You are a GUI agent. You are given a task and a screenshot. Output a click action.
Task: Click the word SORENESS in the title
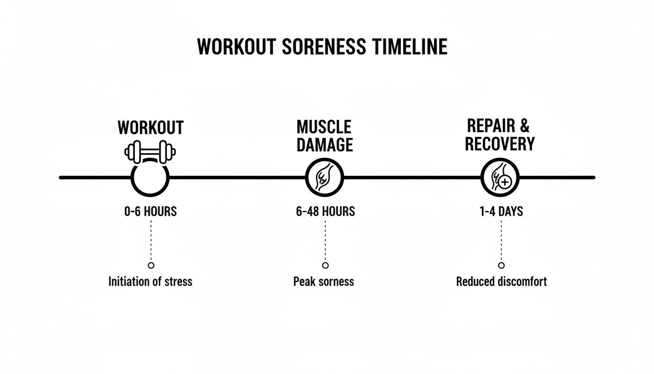point(324,47)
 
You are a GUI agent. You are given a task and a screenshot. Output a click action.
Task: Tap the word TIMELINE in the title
point(410,47)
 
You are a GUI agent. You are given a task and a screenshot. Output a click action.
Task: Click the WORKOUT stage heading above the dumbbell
point(151,128)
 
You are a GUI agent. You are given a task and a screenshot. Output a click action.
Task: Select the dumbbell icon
point(150,152)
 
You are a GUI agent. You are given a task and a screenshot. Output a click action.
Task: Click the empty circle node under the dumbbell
point(132,178)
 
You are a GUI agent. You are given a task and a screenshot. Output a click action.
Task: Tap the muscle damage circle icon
point(325,177)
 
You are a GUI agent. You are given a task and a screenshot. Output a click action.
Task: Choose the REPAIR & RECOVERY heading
point(500,134)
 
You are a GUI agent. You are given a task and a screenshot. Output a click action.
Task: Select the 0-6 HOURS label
point(151,211)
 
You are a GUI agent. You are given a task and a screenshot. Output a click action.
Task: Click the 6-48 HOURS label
point(326,211)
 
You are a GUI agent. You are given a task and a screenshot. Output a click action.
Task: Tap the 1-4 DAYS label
point(501,211)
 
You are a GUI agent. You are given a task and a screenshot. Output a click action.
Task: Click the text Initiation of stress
point(150,281)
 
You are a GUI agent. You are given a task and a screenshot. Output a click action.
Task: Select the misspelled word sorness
point(336,282)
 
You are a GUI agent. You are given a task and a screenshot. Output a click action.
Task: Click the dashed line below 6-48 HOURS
point(325,241)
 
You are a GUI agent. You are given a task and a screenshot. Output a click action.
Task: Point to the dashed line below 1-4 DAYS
point(501,241)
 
